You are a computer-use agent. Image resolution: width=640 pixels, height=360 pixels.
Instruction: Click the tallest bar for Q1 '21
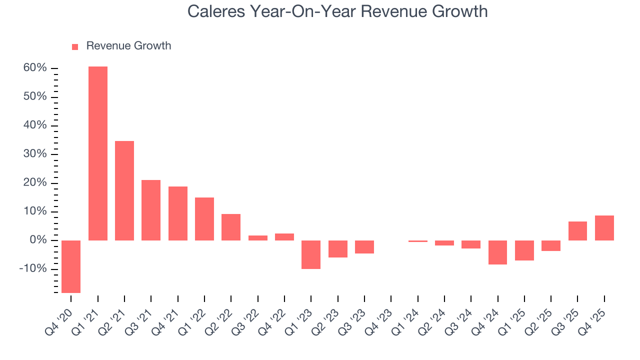pos(98,153)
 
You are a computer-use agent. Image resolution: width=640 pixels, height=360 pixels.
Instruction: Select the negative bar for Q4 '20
pos(71,266)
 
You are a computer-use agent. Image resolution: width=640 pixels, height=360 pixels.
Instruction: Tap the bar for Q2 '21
pos(124,190)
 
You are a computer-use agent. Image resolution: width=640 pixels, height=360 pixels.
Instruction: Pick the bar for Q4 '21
pos(178,213)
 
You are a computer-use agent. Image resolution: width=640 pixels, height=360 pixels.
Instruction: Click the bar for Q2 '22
pos(231,227)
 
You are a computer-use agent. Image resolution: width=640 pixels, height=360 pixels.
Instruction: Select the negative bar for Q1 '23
pos(311,254)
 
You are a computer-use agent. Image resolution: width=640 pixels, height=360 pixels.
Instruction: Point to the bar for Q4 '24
pos(498,252)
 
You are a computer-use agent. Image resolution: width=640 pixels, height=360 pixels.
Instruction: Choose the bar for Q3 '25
pos(577,231)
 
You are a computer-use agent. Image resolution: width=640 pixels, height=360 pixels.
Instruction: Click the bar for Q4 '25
pos(604,228)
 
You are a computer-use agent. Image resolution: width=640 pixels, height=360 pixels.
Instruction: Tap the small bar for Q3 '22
pos(258,238)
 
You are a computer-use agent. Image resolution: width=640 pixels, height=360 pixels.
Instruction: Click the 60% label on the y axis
pos(35,68)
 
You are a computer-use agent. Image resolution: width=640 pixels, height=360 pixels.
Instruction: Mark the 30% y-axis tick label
pos(35,154)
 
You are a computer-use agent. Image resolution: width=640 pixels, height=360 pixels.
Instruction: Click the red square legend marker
pos(75,46)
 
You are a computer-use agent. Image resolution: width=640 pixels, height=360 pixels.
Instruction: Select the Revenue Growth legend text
pos(128,46)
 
